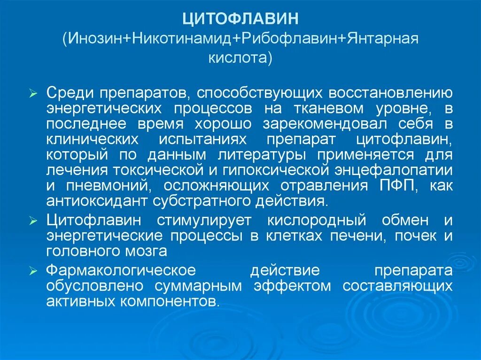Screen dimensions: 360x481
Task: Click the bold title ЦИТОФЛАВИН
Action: tap(240, 20)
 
